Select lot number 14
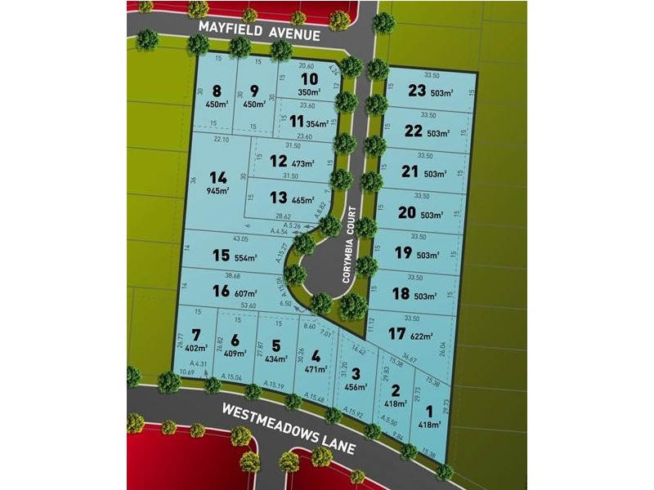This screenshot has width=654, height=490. (x=217, y=177)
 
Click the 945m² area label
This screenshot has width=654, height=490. (x=217, y=192)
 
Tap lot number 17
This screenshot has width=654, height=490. (x=397, y=333)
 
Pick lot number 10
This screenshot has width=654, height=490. (x=308, y=79)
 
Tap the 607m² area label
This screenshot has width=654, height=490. (x=244, y=292)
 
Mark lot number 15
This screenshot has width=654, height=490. (x=220, y=256)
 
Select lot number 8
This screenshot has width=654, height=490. (x=217, y=91)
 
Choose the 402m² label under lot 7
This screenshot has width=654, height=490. (x=195, y=350)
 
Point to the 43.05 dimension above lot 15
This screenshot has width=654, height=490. (x=240, y=238)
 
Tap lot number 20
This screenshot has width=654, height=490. (x=406, y=212)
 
